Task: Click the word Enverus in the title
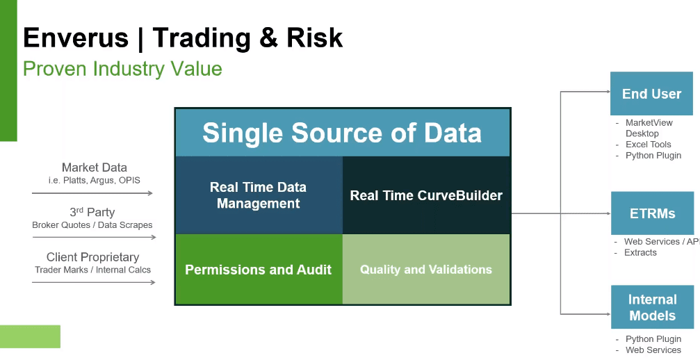[x=76, y=38]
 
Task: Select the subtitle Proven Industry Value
[x=122, y=69]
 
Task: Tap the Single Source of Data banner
[x=343, y=133]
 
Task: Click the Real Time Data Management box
[x=259, y=195]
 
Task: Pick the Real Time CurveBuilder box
[x=426, y=195]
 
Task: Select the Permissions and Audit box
[x=259, y=269]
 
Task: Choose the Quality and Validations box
[x=426, y=269]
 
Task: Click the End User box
[x=652, y=94]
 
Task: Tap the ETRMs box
[x=652, y=213]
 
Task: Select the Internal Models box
[x=652, y=307]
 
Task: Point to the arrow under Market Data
[x=92, y=193]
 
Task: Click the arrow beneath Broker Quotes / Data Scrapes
[x=95, y=237]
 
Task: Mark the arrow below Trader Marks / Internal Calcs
[x=94, y=282]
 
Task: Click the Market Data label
[x=95, y=167]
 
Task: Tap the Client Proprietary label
[x=93, y=257]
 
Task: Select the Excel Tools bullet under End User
[x=649, y=145]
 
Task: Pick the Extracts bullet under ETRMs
[x=640, y=252]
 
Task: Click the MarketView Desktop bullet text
[x=649, y=128]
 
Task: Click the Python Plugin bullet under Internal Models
[x=653, y=339]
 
